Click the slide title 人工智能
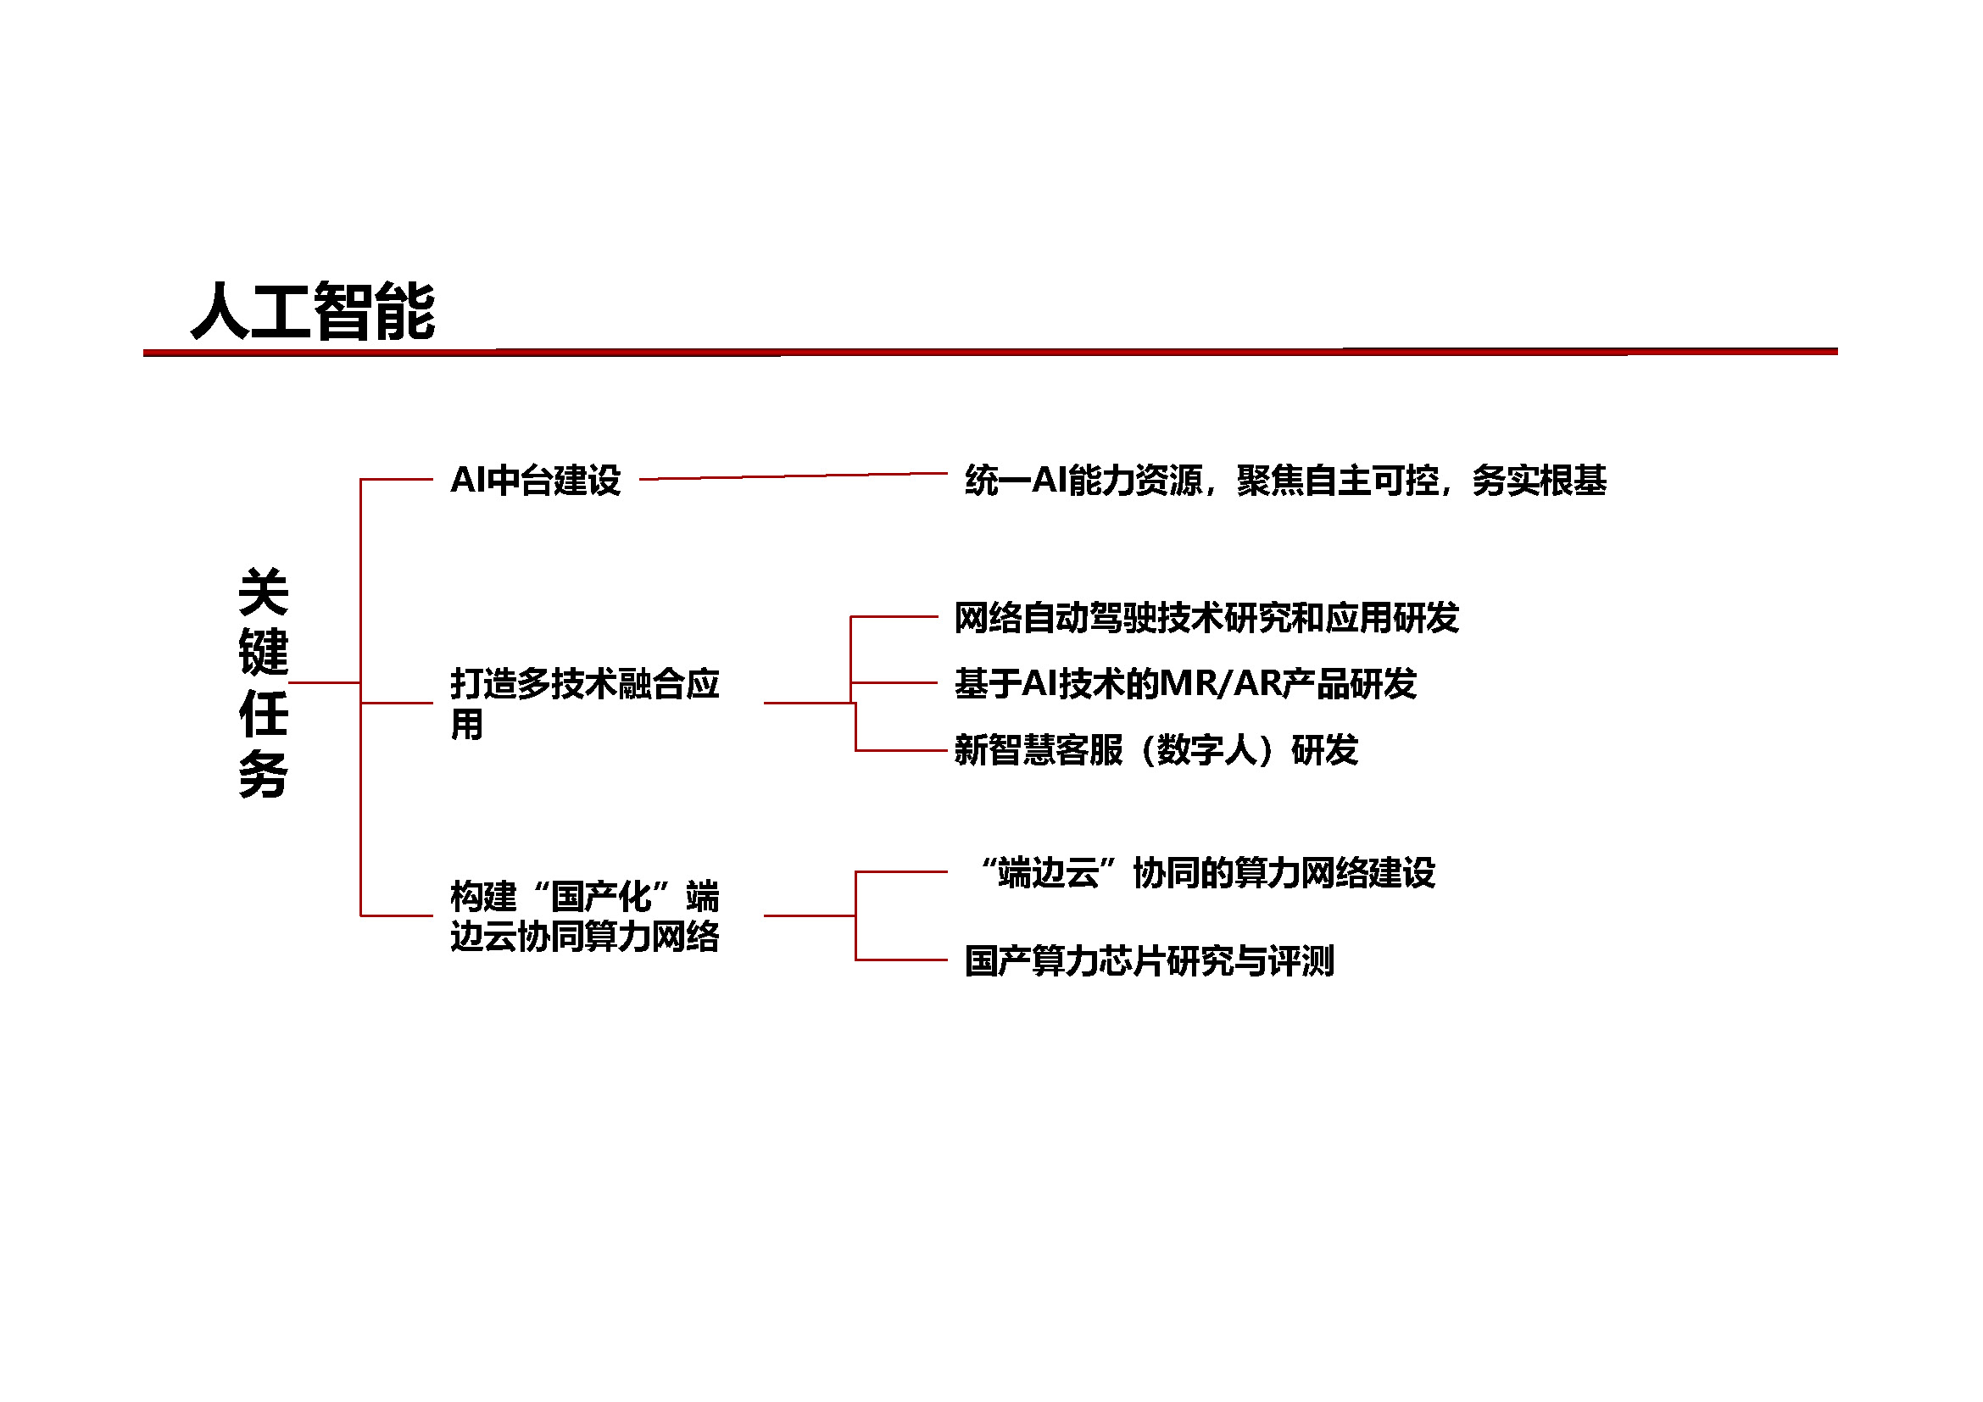point(313,312)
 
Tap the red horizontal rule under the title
point(989,353)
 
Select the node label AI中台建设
point(536,480)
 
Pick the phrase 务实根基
point(1539,480)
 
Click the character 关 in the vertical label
point(264,592)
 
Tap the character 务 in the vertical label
point(264,774)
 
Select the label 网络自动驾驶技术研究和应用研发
point(1206,617)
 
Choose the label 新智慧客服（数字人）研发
point(1156,749)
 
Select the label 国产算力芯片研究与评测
point(1150,961)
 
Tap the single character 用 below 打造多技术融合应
point(466,724)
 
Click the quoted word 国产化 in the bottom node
point(601,896)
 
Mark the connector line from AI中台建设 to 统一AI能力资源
point(794,476)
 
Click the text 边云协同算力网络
point(585,936)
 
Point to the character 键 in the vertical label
point(264,652)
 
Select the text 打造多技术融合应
point(585,684)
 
